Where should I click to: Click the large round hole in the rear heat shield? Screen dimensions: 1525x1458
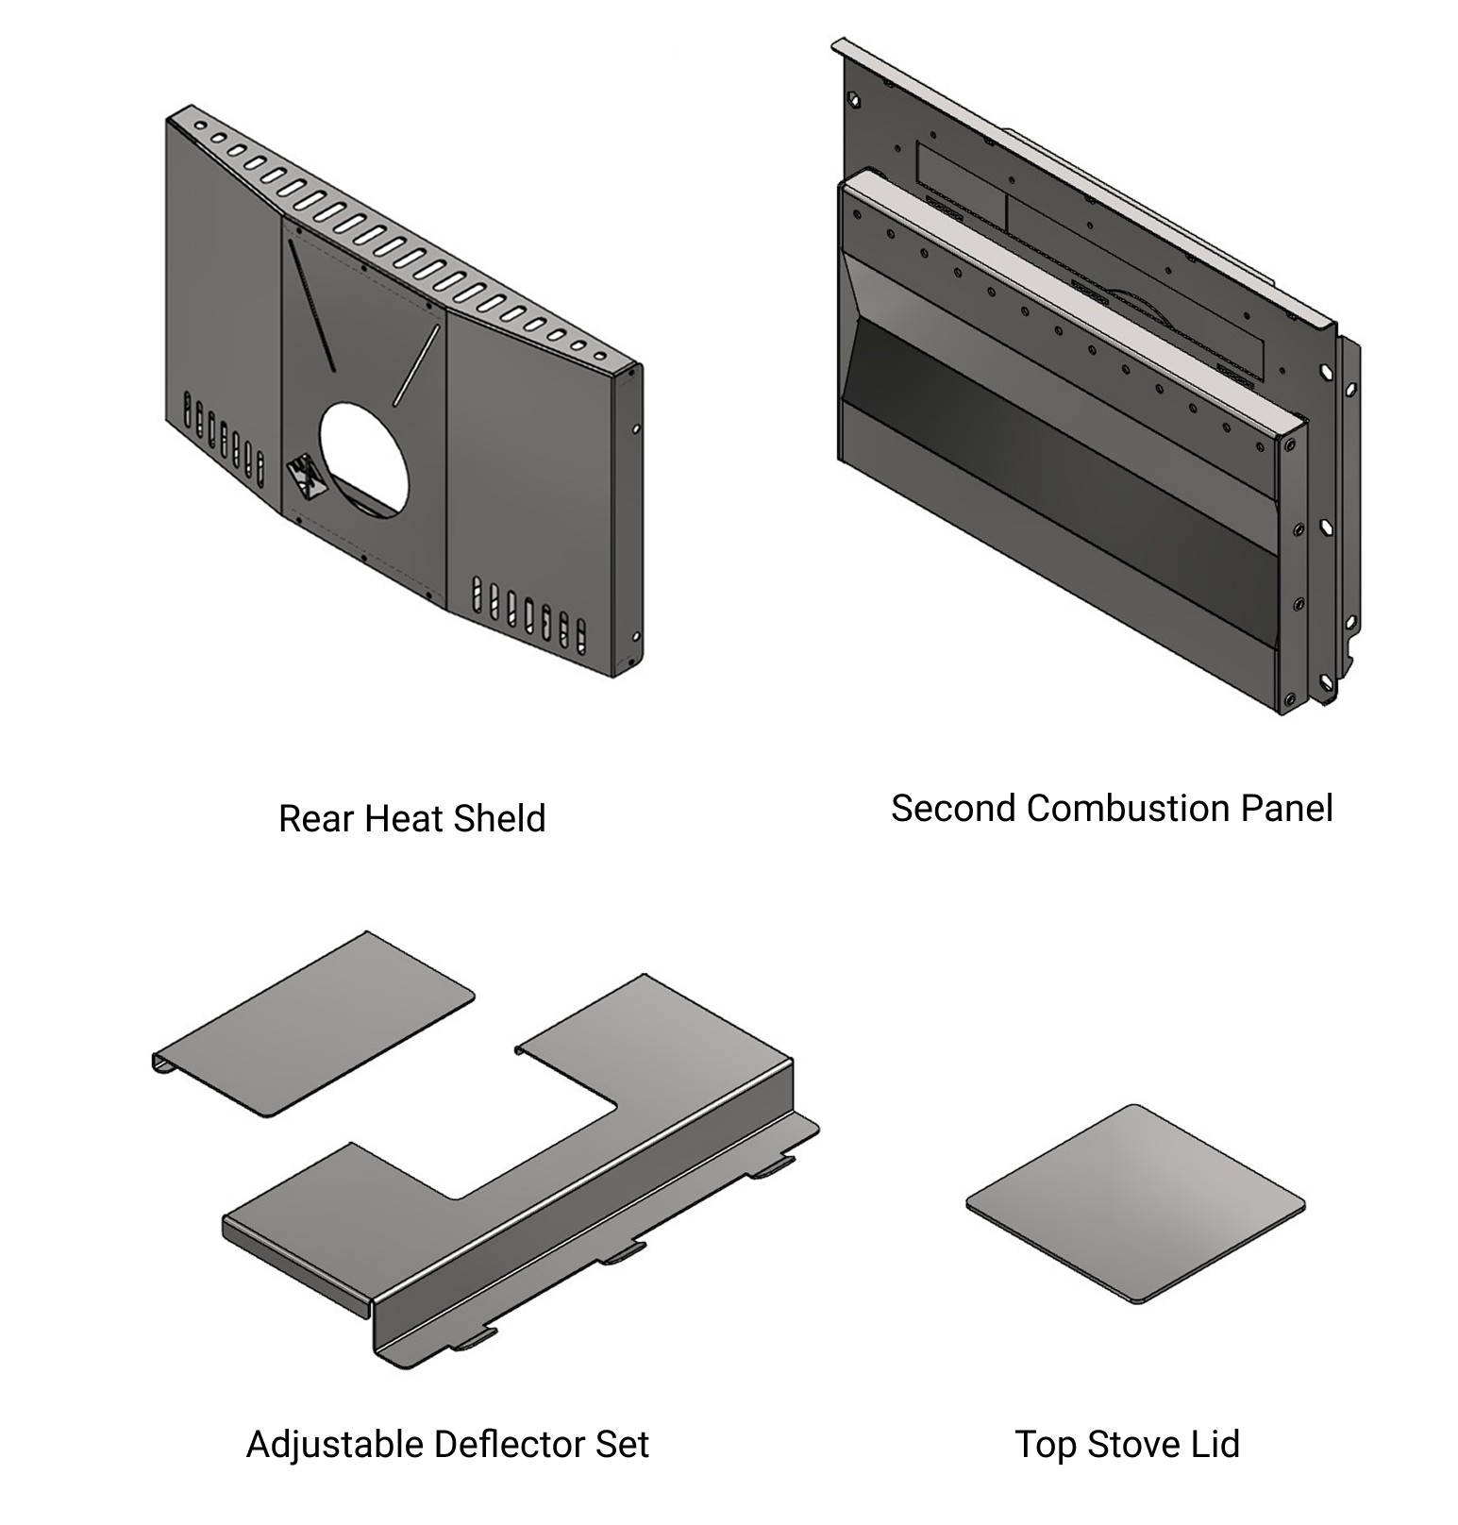[x=364, y=459]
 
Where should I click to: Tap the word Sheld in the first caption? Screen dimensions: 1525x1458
[x=499, y=818]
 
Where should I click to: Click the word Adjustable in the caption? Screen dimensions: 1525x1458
[x=334, y=1445]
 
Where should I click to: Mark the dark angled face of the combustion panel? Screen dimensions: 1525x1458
[x=1057, y=444]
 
